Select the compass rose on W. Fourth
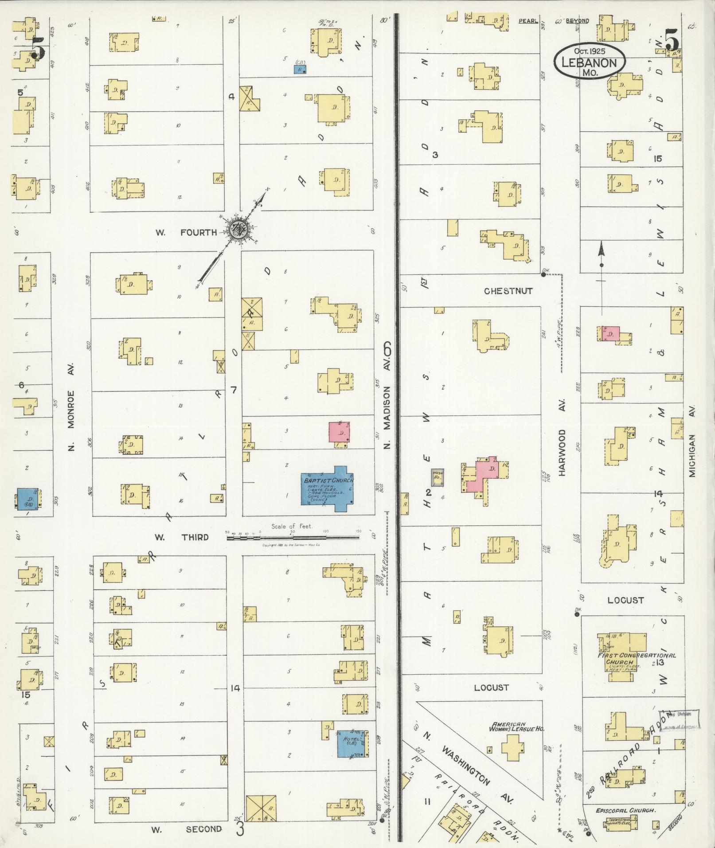[238, 229]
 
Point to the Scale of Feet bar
[293, 538]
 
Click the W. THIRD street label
[181, 537]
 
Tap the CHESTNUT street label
[508, 291]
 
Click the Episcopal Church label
[625, 810]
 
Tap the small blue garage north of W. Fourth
[300, 70]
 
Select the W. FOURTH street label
[186, 232]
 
